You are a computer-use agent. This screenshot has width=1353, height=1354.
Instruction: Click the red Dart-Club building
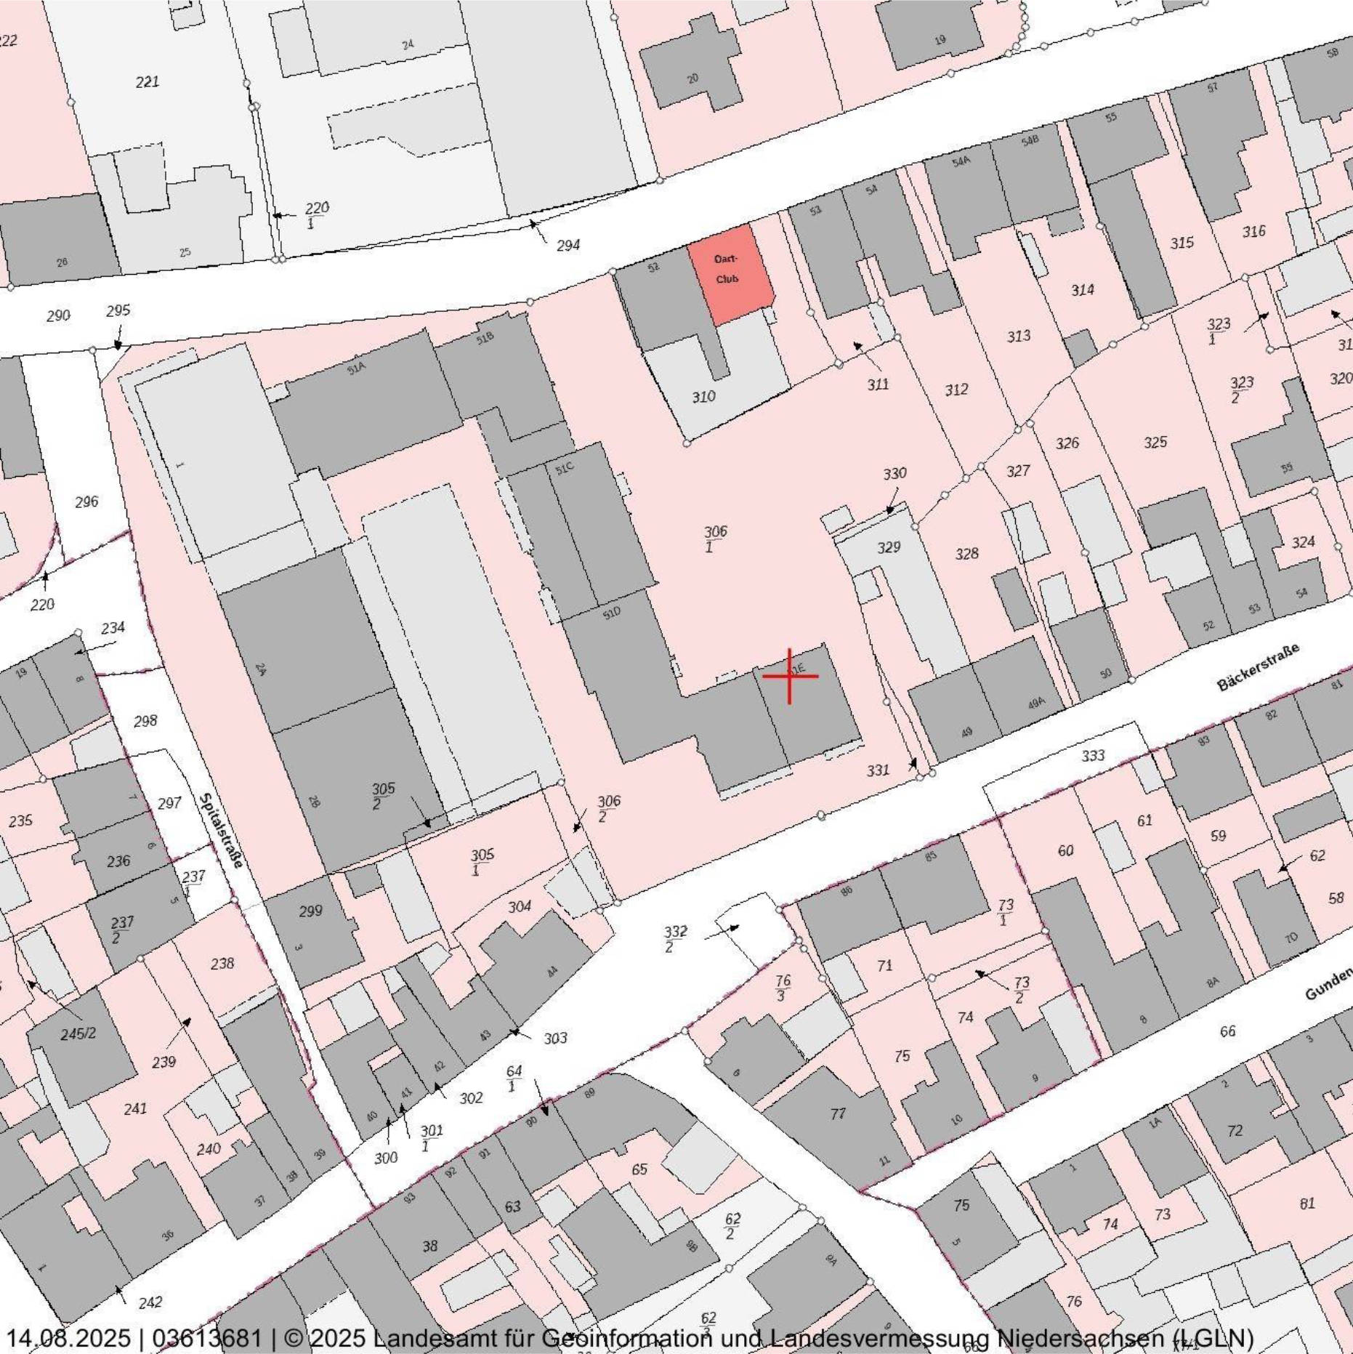click(729, 273)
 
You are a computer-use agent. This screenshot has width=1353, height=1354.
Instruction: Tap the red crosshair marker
click(790, 676)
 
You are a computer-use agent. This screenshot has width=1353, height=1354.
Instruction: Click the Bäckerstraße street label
click(1256, 666)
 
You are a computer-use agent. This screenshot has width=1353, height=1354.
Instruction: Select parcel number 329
click(888, 547)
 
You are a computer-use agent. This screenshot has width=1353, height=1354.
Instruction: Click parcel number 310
click(703, 397)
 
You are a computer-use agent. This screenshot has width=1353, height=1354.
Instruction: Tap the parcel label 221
click(148, 81)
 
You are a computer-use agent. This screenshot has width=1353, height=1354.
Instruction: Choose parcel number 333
click(1093, 756)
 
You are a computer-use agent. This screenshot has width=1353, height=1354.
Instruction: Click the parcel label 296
click(86, 501)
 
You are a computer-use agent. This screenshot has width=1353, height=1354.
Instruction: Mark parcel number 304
click(519, 906)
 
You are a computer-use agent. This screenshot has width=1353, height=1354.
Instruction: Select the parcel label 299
click(310, 911)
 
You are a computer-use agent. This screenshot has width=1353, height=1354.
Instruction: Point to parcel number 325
click(1155, 442)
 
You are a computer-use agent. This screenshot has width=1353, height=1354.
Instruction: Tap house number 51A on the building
click(356, 368)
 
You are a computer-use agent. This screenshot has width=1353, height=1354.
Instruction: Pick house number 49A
click(1036, 703)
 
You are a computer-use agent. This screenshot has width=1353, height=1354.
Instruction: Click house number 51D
click(612, 613)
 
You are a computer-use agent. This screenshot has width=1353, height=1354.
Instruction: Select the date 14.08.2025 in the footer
click(69, 1338)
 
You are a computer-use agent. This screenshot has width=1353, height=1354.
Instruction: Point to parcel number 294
click(568, 245)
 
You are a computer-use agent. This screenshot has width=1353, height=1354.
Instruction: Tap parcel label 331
click(878, 770)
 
